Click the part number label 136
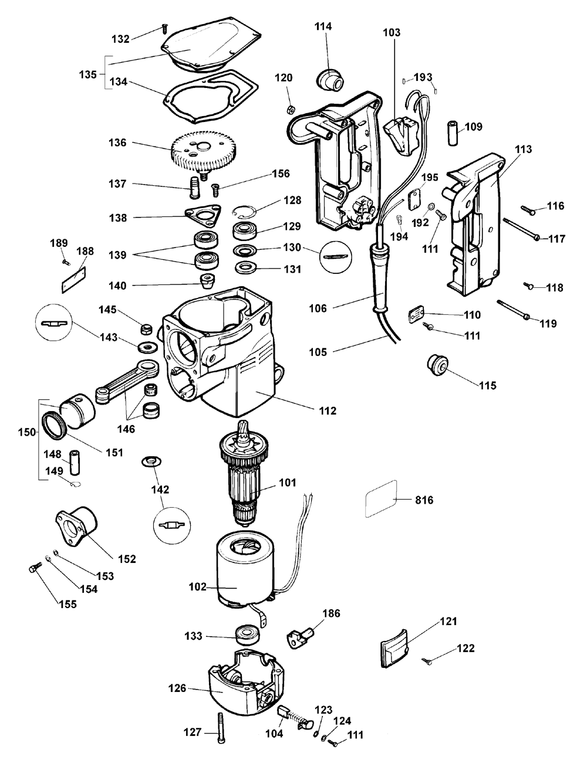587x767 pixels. [117, 143]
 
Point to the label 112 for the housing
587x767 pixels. [328, 410]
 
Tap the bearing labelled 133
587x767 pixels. [248, 636]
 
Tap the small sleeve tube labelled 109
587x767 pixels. [453, 133]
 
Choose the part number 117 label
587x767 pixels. [556, 239]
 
